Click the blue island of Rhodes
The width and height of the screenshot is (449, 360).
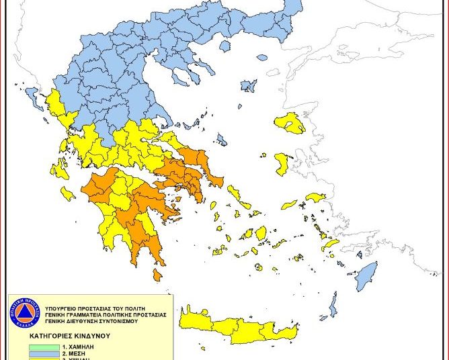[366, 273]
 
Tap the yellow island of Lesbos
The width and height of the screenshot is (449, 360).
[290, 123]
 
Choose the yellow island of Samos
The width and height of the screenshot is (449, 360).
[315, 197]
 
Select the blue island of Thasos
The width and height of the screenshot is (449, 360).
[249, 86]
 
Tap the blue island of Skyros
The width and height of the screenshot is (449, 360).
[221, 139]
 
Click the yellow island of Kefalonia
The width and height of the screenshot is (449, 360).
[59, 169]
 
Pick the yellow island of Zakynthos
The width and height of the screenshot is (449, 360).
[67, 194]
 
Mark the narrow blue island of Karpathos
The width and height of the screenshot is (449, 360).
[331, 306]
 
